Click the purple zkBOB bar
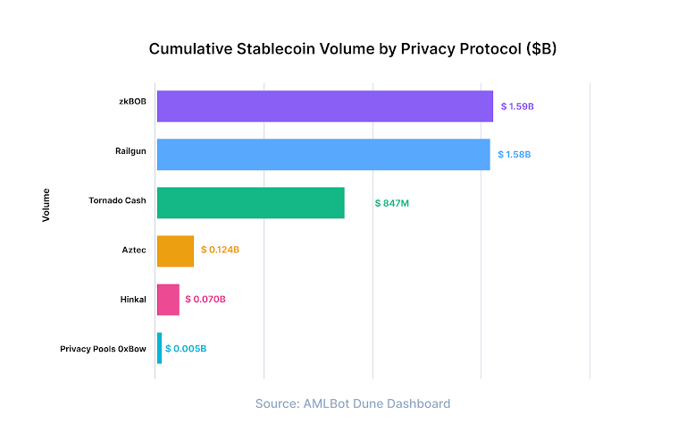click(x=324, y=106)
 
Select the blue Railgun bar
click(x=323, y=154)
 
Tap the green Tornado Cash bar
click(x=250, y=203)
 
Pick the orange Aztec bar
click(x=175, y=250)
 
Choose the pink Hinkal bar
click(x=168, y=300)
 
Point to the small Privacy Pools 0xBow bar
click(x=160, y=348)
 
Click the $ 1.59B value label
click(x=516, y=106)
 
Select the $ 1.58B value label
click(x=514, y=155)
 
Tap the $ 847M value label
click(x=391, y=203)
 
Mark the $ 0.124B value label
click(x=220, y=250)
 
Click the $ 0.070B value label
click(x=205, y=300)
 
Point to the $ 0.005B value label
click(x=186, y=348)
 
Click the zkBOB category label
click(x=131, y=102)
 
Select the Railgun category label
click(x=130, y=150)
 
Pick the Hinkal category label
click(x=132, y=299)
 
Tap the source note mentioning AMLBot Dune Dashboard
click(x=353, y=403)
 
